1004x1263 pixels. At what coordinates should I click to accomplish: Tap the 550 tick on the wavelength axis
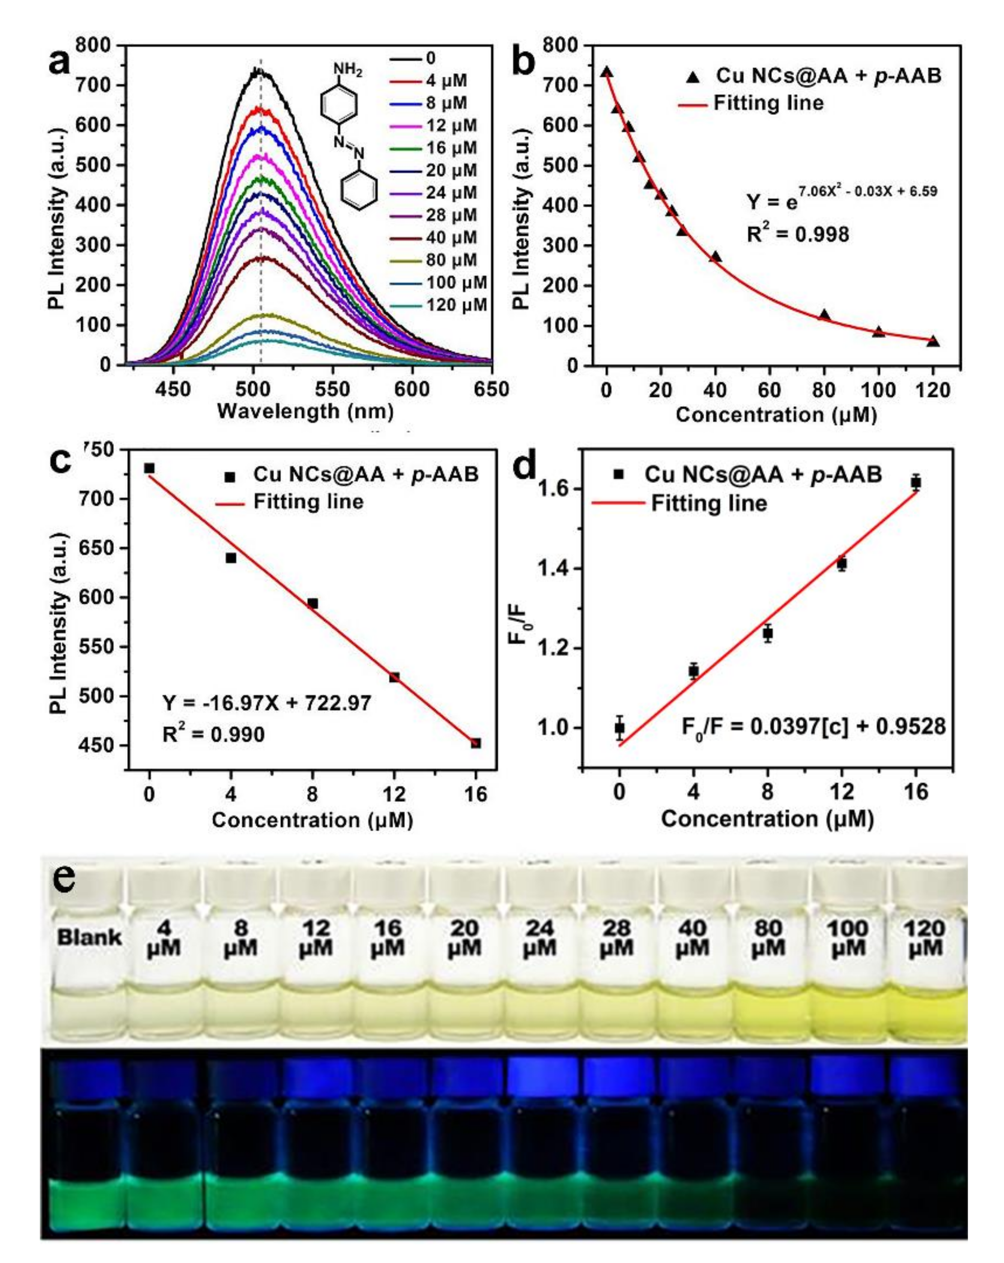(332, 389)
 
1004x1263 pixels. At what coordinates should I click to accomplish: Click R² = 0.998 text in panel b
(798, 234)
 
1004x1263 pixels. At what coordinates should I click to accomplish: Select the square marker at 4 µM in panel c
(231, 558)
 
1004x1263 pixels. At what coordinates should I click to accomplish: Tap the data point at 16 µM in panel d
(915, 483)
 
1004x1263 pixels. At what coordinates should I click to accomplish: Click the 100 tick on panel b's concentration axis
(878, 389)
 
